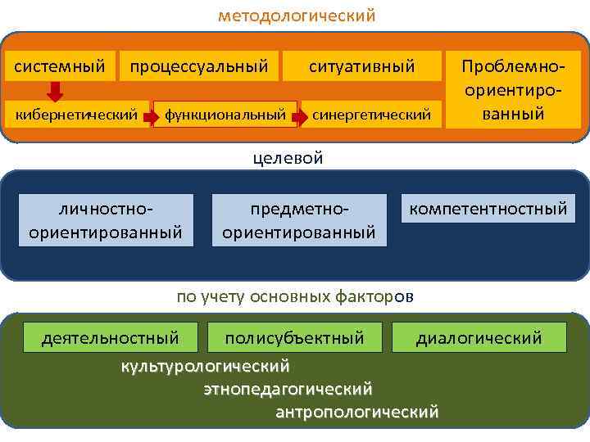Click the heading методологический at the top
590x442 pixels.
pyautogui.click(x=296, y=16)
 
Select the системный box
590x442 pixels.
pyautogui.click(x=59, y=65)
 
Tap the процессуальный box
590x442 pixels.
pyautogui.click(x=198, y=65)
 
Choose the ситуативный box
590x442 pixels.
pyautogui.click(x=361, y=65)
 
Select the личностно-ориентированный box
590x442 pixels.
pyautogui.click(x=105, y=220)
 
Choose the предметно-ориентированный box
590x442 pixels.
pyautogui.click(x=299, y=220)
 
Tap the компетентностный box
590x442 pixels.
pyautogui.click(x=488, y=210)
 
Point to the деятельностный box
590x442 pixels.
pyautogui.click(x=110, y=337)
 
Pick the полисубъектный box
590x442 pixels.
pyautogui.click(x=294, y=337)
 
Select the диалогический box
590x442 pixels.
pyautogui.click(x=479, y=337)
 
